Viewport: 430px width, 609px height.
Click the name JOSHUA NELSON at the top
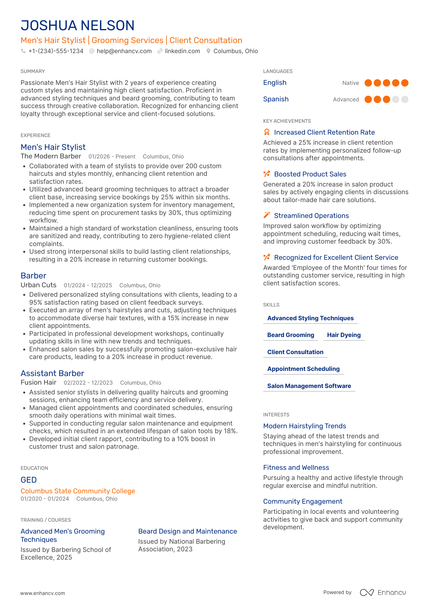(x=77, y=26)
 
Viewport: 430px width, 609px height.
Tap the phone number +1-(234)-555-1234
(x=56, y=51)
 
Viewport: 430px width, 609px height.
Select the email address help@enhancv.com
(x=124, y=51)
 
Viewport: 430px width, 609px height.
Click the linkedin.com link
(x=182, y=51)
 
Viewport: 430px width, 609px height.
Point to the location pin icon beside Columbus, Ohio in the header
(x=208, y=51)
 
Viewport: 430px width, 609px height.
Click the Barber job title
(x=34, y=276)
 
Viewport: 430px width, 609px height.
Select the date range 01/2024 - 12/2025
(x=88, y=285)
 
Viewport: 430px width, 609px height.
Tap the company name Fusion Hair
(x=38, y=382)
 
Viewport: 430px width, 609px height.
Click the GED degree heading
(x=29, y=480)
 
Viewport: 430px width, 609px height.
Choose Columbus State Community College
(x=78, y=491)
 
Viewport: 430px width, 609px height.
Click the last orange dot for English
(x=405, y=83)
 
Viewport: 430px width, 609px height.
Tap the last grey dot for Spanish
(x=405, y=100)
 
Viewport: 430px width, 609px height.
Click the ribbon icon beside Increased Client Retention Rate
(x=267, y=132)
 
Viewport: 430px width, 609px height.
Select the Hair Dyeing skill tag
(x=344, y=335)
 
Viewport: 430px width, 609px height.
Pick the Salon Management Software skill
(x=309, y=386)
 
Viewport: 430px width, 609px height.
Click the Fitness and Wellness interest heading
(x=296, y=467)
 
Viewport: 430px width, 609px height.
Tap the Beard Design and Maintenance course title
(x=188, y=531)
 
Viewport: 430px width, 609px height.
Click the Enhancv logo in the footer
(x=383, y=593)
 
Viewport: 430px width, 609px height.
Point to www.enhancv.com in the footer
(x=43, y=593)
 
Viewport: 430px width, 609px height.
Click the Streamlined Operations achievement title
(x=311, y=216)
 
